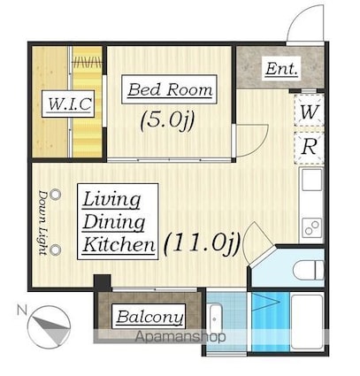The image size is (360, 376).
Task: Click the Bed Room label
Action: [169, 89]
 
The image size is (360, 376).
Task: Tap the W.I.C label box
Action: [68, 104]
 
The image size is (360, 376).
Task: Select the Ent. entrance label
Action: [281, 69]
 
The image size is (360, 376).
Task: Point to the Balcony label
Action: [149, 317]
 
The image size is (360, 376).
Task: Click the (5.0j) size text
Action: [167, 121]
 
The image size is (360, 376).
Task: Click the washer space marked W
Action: [310, 111]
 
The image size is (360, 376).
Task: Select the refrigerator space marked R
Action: [310, 147]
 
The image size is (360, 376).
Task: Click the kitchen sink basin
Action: [312, 180]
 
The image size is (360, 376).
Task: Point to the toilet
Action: [309, 270]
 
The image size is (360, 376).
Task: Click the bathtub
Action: [307, 322]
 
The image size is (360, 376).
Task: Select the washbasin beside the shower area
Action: [215, 318]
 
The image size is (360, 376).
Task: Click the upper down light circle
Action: [55, 195]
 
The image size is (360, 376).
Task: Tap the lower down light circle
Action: [55, 250]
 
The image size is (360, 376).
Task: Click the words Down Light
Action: [43, 223]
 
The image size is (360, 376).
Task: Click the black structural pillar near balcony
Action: [103, 283]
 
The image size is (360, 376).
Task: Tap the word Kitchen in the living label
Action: [119, 245]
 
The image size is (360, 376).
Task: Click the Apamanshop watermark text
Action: [180, 336]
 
